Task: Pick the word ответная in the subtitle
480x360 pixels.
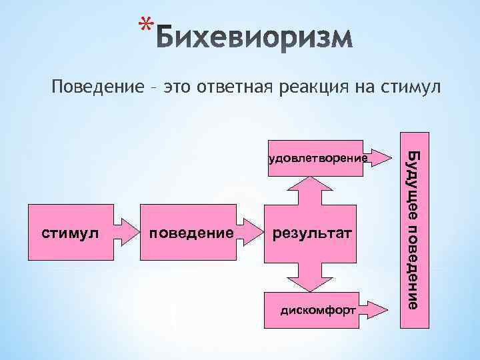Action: point(232,87)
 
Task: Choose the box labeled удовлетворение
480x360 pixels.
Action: point(316,159)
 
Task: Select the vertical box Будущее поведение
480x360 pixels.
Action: point(413,230)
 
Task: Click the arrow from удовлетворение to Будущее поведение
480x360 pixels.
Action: point(381,158)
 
